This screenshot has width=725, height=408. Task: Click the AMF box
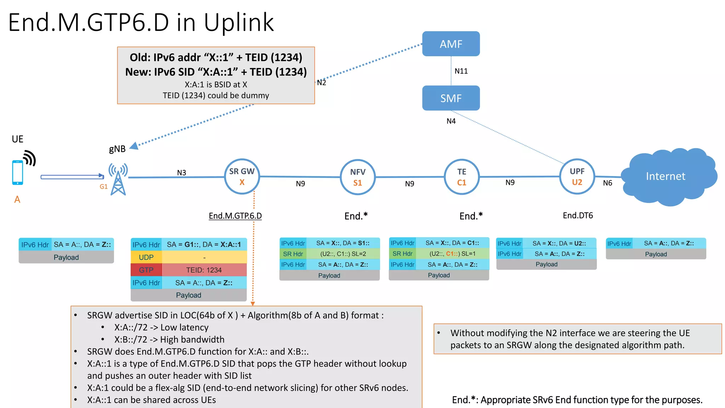tap(451, 44)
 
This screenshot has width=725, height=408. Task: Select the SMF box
tap(451, 98)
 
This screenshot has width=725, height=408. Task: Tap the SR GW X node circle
tap(242, 176)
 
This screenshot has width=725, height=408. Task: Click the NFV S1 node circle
tap(358, 177)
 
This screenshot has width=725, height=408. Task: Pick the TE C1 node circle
tap(462, 177)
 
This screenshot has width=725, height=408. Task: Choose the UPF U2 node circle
tap(577, 176)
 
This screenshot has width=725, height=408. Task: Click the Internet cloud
tap(666, 176)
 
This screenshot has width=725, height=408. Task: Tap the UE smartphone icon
tap(17, 172)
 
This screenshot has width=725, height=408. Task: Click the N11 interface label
tap(461, 71)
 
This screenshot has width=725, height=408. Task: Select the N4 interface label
tap(451, 121)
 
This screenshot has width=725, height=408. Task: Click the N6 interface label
tap(607, 183)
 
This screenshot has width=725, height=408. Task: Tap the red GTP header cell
tap(146, 270)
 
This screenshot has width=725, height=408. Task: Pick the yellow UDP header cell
tap(146, 257)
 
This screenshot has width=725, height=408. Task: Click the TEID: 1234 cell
tap(204, 270)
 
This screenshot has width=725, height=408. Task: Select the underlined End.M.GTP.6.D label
tap(235, 216)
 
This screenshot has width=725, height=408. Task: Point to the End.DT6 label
tap(578, 215)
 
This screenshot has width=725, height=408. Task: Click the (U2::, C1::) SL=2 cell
tap(343, 254)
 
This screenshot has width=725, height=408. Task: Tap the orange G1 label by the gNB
tap(103, 187)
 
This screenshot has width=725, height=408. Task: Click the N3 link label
tap(182, 172)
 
